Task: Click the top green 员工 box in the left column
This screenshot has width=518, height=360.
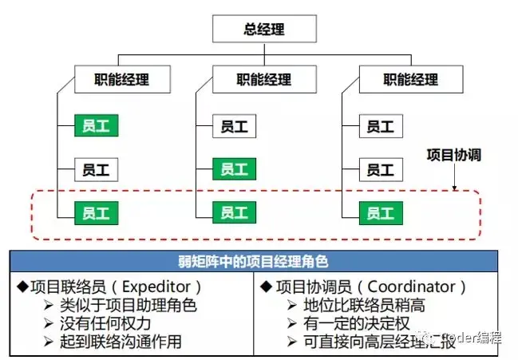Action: point(97,126)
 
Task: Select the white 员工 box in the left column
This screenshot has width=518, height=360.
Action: point(97,169)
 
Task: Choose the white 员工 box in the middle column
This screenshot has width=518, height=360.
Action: point(234,126)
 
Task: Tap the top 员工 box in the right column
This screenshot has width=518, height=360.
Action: point(380,126)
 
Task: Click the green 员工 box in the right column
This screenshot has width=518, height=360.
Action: point(380,212)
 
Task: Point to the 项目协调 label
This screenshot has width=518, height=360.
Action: point(453,155)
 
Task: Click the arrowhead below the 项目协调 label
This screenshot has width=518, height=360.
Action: point(454,188)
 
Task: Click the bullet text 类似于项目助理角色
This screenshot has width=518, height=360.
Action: point(129,305)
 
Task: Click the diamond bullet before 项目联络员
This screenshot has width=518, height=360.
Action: point(22,286)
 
